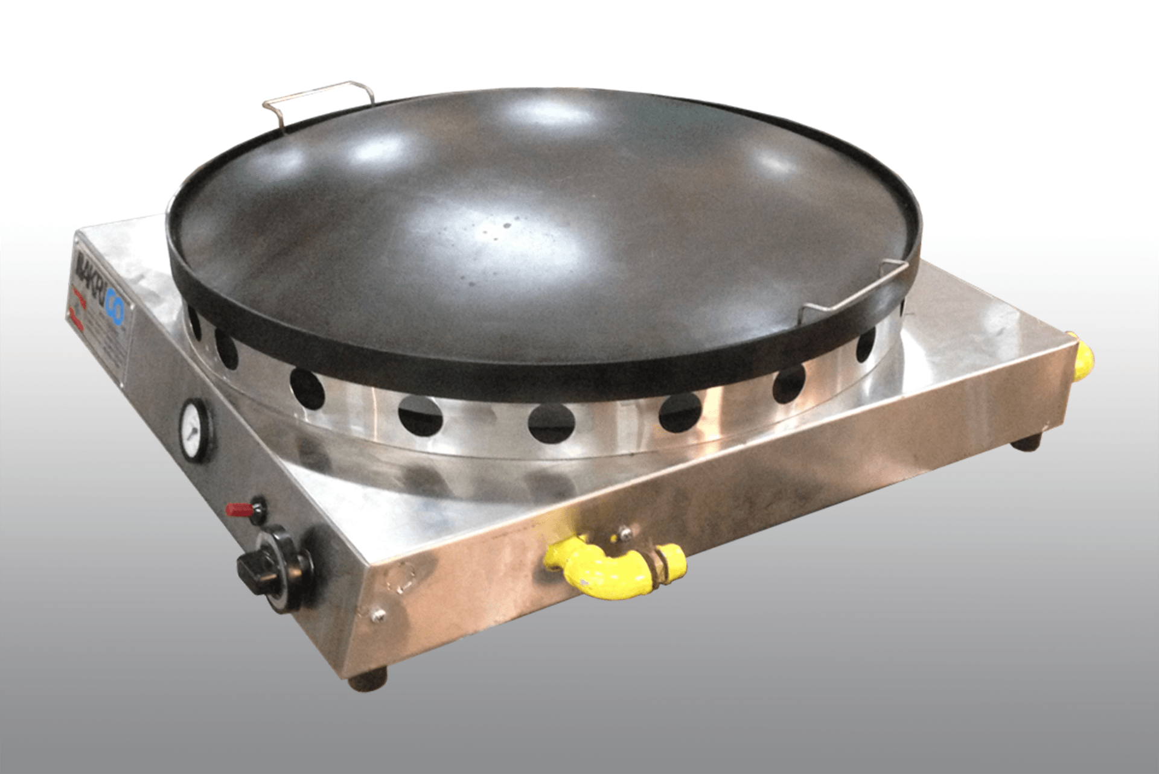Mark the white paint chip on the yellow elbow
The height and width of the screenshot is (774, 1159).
581,583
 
